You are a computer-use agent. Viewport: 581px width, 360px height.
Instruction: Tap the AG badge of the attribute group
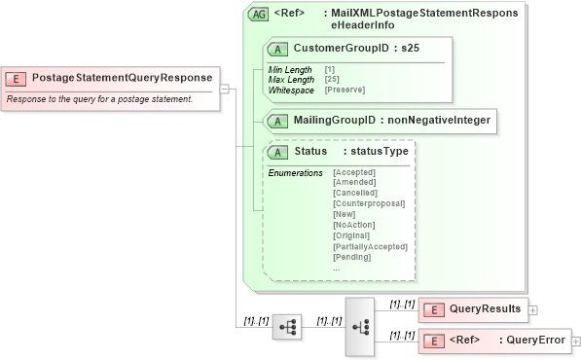click(259, 15)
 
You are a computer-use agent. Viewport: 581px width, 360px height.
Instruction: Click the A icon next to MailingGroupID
click(278, 121)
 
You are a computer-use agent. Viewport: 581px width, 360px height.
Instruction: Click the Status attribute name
click(310, 152)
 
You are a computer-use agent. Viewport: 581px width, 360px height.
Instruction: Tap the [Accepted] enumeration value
click(354, 172)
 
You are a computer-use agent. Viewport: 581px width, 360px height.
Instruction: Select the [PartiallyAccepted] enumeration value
click(370, 246)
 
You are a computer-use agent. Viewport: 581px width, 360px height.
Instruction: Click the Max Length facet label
click(289, 79)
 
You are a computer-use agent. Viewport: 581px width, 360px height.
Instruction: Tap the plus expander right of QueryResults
click(533, 309)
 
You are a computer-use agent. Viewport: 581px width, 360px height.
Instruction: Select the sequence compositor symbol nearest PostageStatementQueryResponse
click(287, 328)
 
